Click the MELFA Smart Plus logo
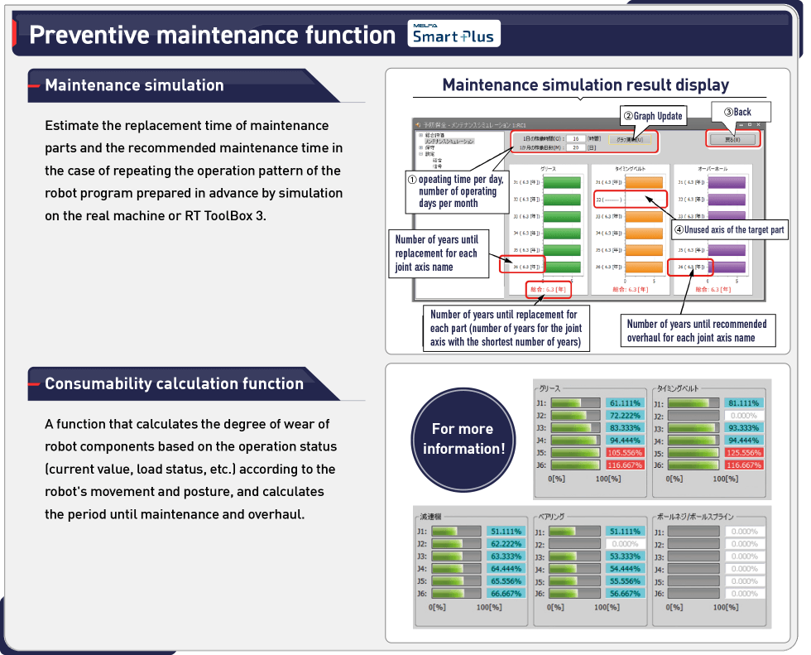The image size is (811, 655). pos(453,33)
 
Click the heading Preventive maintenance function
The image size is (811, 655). pos(212,35)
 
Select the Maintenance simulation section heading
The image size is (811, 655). pos(134,85)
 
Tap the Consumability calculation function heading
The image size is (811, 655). pos(174,384)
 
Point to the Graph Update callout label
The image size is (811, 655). pos(653,116)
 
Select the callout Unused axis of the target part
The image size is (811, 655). pos(728,229)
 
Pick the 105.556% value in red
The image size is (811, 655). pos(626,453)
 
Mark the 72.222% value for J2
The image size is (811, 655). pos(626,416)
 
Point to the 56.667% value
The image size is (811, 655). pos(625,594)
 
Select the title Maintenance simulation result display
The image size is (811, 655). pos(585,85)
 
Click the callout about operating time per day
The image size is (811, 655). pos(460,191)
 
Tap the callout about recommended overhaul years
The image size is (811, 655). pos(697,331)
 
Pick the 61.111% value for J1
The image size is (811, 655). pos(626,403)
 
